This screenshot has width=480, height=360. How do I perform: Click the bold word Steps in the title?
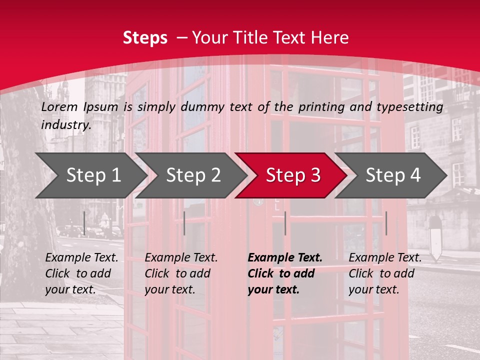[x=145, y=38]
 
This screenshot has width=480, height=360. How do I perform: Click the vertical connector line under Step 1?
[x=84, y=223]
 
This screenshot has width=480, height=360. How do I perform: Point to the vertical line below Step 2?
[x=184, y=223]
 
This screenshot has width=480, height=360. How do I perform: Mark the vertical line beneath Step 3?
[x=285, y=223]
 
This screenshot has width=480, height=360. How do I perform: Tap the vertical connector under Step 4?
[x=386, y=223]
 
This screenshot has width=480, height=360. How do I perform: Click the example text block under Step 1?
[x=81, y=273]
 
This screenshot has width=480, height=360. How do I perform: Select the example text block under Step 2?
[x=181, y=273]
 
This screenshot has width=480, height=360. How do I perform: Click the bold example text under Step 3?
[x=285, y=273]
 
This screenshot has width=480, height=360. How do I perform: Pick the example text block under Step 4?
[x=385, y=273]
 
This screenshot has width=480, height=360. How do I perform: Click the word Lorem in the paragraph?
[x=59, y=106]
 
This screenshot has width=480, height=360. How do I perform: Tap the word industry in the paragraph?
[x=65, y=125]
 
